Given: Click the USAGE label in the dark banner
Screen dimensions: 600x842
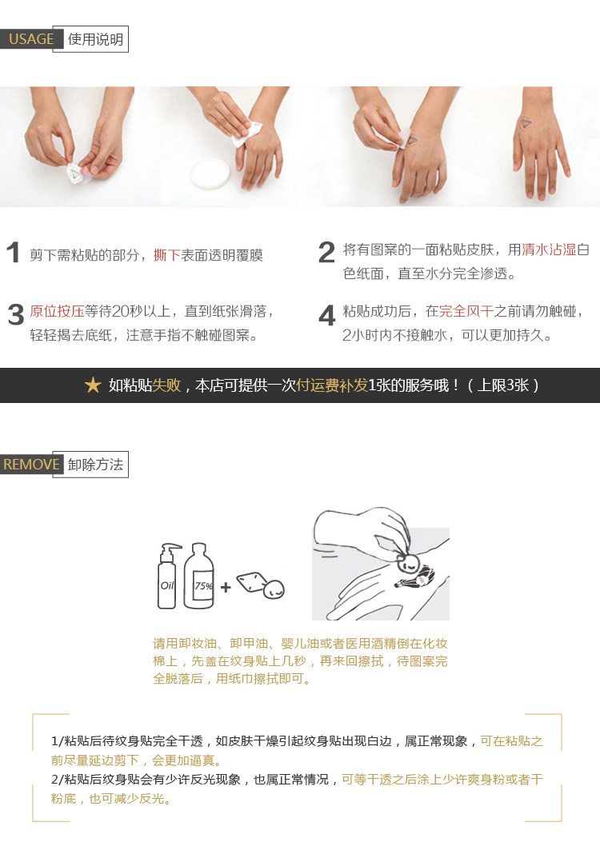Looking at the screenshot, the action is coord(31,39).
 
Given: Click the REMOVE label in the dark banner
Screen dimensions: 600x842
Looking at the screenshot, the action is coord(31,465).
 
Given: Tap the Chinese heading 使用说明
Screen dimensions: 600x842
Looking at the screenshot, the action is coord(96,39).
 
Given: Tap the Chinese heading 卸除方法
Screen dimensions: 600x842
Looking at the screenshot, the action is coord(96,465).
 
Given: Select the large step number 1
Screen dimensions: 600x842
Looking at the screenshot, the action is coord(14,253).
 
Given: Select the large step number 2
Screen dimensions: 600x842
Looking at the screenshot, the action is coord(326,253).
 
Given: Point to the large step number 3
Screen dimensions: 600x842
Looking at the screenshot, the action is coord(16,315).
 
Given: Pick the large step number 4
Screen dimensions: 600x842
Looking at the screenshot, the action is coord(326,315).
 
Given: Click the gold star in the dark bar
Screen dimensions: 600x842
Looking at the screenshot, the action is coord(93,385).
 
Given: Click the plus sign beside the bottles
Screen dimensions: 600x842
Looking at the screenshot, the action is coord(226,587).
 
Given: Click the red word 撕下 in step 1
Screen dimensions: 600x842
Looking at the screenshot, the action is coord(166,255).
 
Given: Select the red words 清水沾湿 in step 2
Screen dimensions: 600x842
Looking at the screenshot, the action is coord(549,249).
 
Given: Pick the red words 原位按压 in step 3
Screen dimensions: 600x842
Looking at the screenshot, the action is coord(57,312).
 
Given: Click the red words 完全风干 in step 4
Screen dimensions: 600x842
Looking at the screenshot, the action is coord(466,312).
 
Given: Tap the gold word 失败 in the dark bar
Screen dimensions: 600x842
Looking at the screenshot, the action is coord(166,385).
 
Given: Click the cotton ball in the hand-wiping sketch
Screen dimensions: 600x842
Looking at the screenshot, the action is coord(407,563).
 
